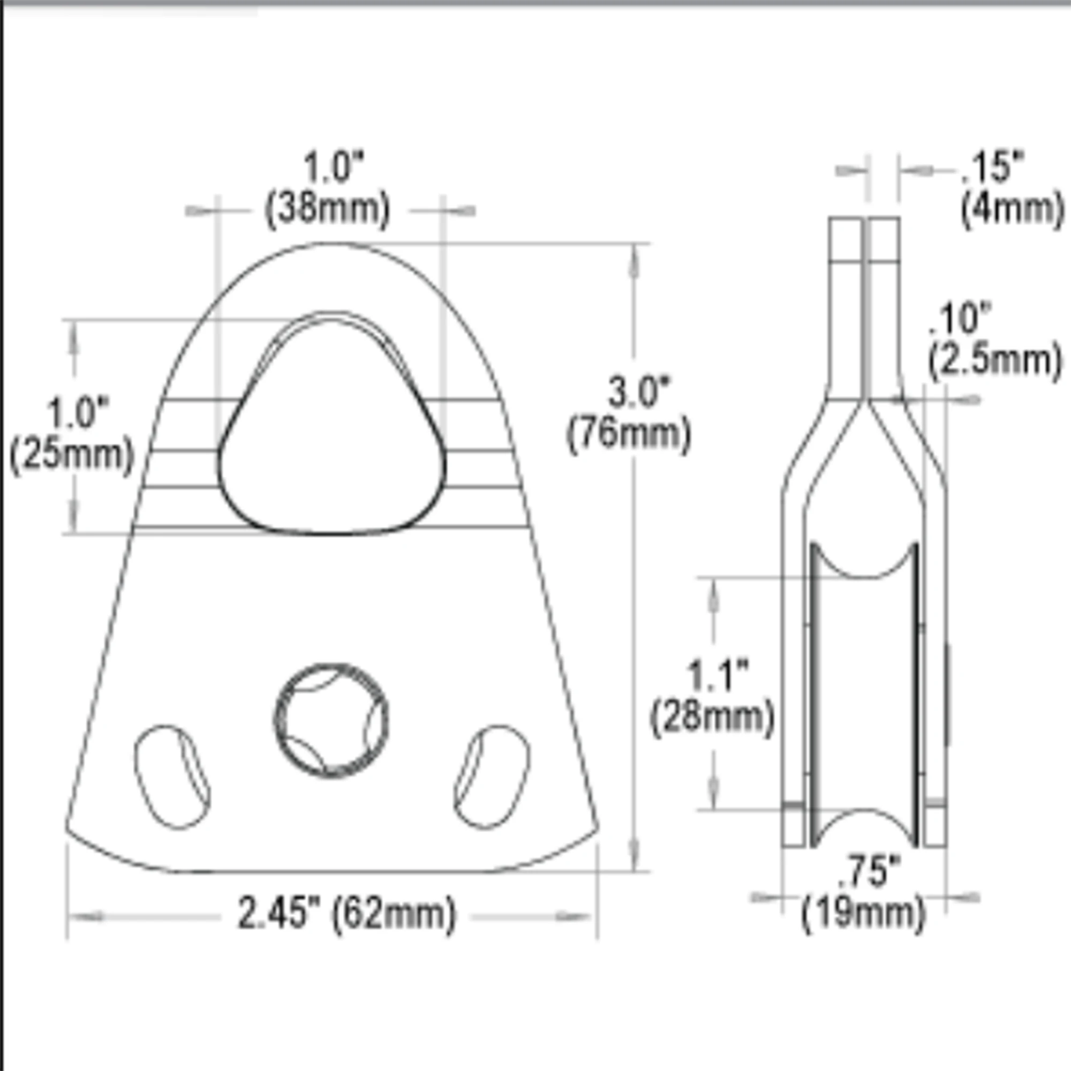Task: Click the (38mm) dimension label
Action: coord(328,210)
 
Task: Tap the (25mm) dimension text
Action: coord(73,456)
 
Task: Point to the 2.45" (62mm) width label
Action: coord(347,913)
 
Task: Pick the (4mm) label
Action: coord(1012,210)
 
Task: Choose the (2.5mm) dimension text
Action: coord(995,361)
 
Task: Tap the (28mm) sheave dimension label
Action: coord(712,719)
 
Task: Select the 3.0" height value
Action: coord(639,391)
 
